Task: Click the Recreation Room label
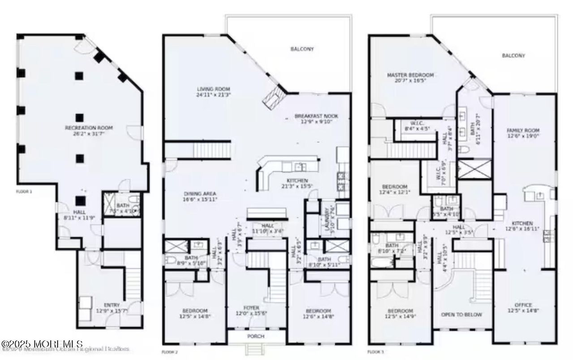tap(89, 128)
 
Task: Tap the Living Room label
tap(213, 89)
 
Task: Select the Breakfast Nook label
tap(316, 116)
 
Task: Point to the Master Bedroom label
tap(410, 75)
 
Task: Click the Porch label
tap(256, 336)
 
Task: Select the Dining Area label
tap(200, 194)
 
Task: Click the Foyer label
tap(251, 308)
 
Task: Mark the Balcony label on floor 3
tap(513, 56)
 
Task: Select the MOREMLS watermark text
tap(42, 344)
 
